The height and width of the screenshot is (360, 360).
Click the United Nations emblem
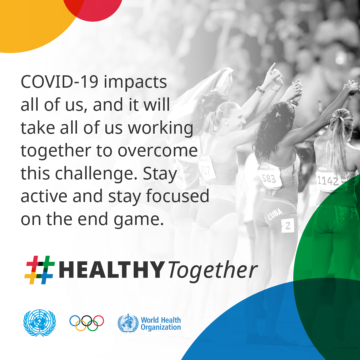pyautogui.click(x=39, y=323)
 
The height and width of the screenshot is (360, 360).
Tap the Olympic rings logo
pyautogui.click(x=87, y=323)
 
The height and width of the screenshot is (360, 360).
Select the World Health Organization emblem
pyautogui.click(x=128, y=323)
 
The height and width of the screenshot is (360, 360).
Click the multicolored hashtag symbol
pyautogui.click(x=40, y=270)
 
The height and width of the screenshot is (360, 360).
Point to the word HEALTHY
pyautogui.click(x=112, y=270)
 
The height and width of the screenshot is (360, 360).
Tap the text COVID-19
pyautogui.click(x=59, y=82)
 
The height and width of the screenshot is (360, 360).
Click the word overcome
pyautogui.click(x=158, y=151)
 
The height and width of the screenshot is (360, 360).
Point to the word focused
pyautogui.click(x=177, y=196)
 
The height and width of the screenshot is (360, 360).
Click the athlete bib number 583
pyautogui.click(x=269, y=179)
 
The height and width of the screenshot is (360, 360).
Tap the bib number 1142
pyautogui.click(x=328, y=181)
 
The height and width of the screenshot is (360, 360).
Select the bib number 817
pyautogui.click(x=205, y=170)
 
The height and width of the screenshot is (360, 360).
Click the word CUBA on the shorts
pyautogui.click(x=275, y=214)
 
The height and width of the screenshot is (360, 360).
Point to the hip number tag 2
pyautogui.click(x=288, y=225)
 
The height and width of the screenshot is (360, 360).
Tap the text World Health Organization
pyautogui.click(x=161, y=323)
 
